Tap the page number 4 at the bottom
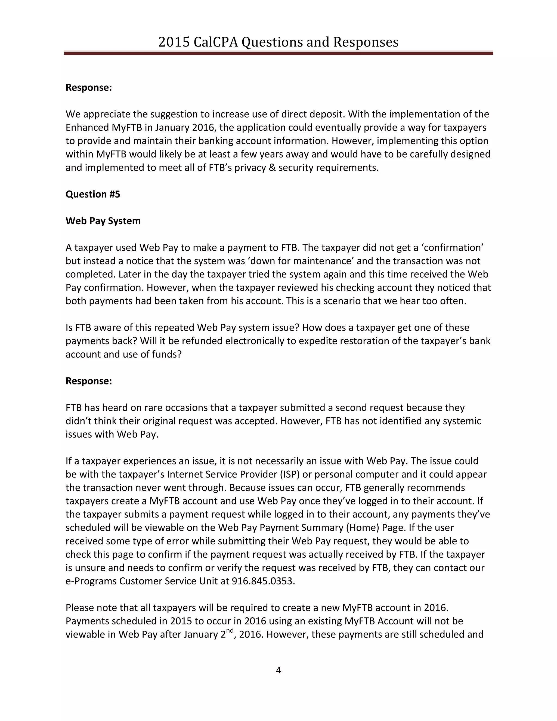[278, 670]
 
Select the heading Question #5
[93, 194]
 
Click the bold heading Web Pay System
[103, 221]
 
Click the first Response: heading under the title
[89, 88]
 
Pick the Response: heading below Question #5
[89, 381]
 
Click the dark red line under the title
[278, 53]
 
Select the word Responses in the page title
[366, 42]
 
